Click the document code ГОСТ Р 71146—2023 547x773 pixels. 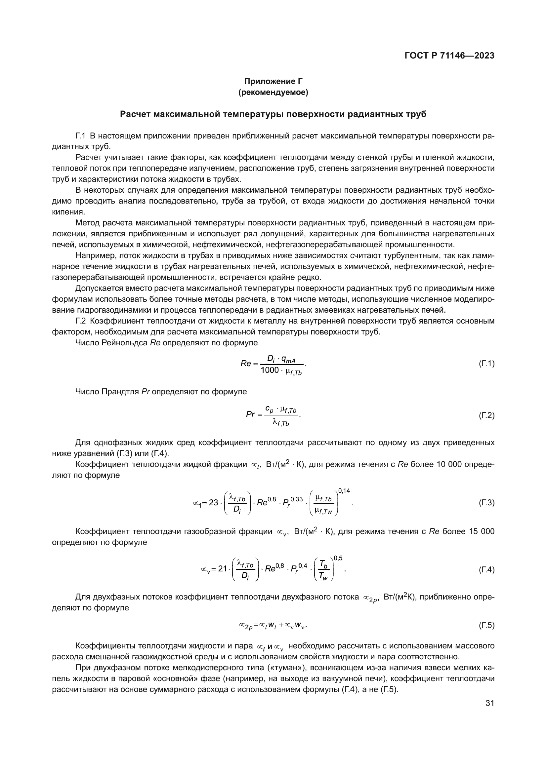click(449, 56)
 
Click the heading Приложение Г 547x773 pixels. click(273, 82)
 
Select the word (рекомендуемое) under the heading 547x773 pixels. click(273, 93)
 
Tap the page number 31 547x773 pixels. click(490, 704)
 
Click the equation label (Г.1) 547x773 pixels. click(486, 364)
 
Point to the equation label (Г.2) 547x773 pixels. click(486, 415)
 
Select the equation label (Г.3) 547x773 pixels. click(486, 503)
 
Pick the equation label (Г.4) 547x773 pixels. click(486, 570)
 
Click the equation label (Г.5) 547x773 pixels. click(486, 626)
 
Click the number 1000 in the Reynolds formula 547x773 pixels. click(270, 370)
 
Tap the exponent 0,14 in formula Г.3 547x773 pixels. click(344, 490)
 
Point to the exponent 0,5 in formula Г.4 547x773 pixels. click(338, 558)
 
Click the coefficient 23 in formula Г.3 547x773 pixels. click(214, 503)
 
